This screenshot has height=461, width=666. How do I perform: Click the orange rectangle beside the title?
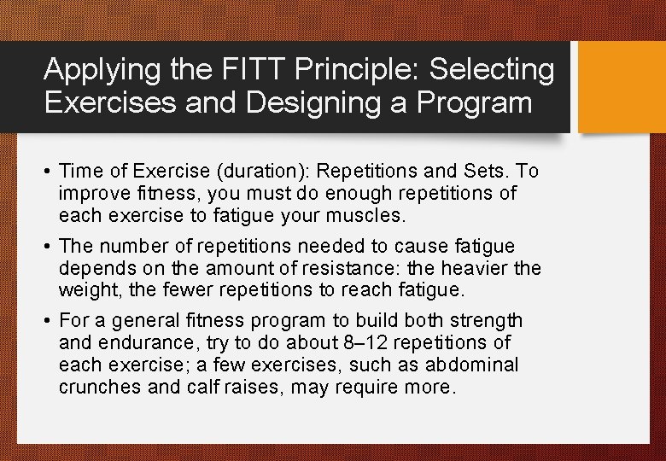point(622,87)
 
